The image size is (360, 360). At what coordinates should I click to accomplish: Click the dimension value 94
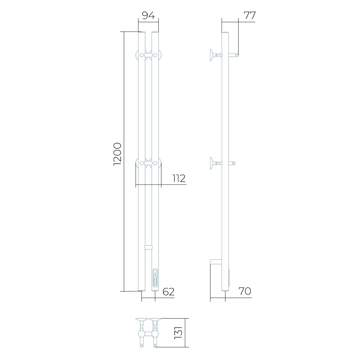tap(148, 15)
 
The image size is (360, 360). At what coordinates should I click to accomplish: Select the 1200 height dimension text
tap(118, 154)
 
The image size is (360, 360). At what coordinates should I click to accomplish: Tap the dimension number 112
tap(179, 178)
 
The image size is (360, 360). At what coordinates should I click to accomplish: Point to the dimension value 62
tap(168, 292)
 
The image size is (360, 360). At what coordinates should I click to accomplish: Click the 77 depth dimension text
tap(249, 15)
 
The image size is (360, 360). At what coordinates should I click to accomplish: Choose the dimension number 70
tap(244, 291)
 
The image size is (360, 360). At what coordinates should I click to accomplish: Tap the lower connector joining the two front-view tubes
tap(148, 247)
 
